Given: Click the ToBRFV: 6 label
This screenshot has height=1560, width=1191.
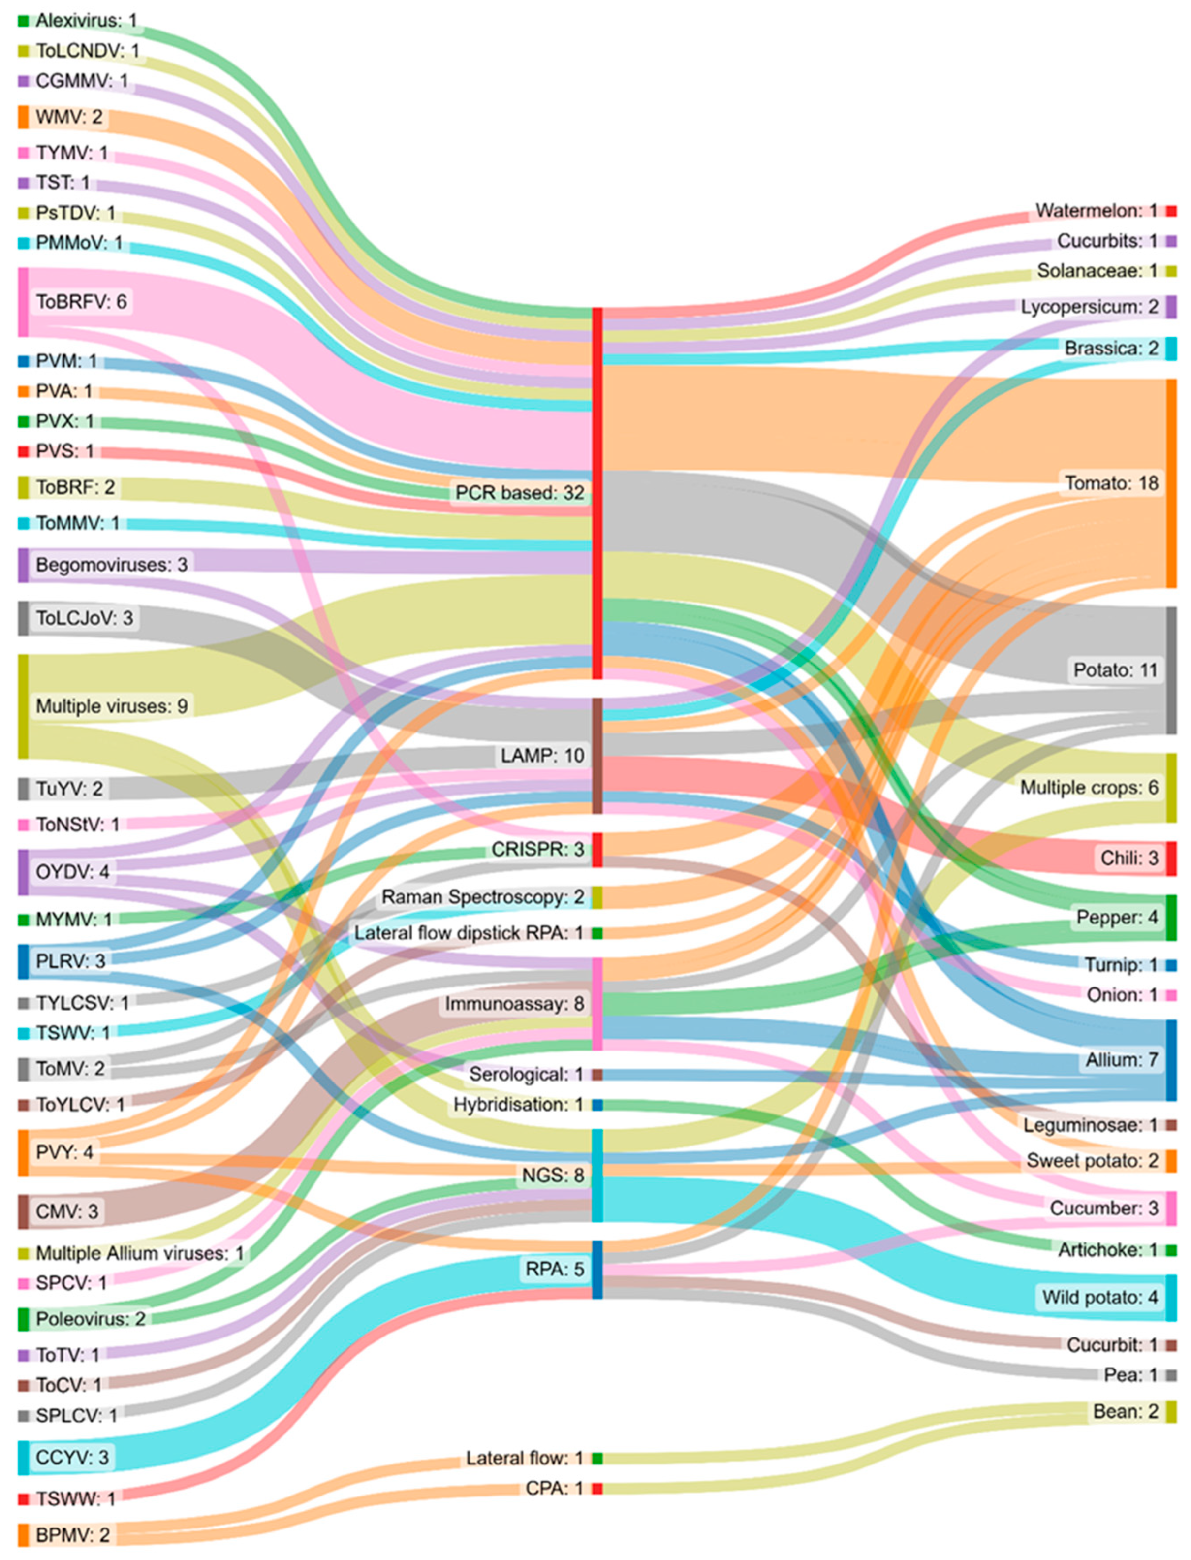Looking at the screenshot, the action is click(81, 302).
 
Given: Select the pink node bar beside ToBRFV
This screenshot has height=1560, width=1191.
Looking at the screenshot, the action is click(24, 302).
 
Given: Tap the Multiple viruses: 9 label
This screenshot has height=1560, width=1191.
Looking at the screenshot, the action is click(111, 706).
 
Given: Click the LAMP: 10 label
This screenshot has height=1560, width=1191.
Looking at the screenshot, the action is click(542, 756).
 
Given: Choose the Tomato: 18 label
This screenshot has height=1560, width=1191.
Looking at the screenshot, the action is click(1111, 483).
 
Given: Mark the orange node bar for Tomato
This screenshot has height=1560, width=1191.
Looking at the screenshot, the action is click(1171, 483).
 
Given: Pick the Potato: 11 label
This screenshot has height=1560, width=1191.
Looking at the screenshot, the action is click(1115, 670).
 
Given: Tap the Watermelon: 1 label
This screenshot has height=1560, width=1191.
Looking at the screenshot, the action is click(1096, 211).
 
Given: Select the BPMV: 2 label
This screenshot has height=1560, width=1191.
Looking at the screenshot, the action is click(72, 1535).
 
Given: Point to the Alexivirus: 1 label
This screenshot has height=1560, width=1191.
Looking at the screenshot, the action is click(86, 21).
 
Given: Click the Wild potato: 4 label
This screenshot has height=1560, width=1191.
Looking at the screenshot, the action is click(1099, 1298).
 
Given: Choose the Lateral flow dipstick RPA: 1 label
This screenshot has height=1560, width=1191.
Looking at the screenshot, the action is click(469, 933).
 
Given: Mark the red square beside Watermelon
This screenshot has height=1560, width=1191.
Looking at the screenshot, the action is click(1171, 211).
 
